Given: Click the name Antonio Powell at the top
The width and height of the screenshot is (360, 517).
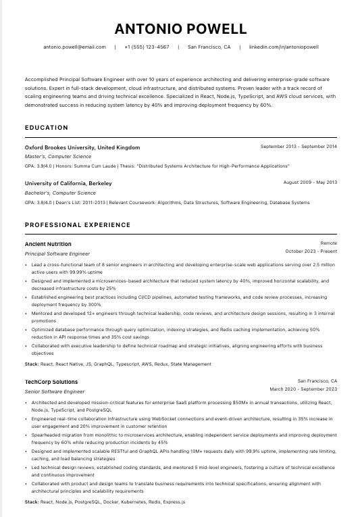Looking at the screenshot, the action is coord(180,28).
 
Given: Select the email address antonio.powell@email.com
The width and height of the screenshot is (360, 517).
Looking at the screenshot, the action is coord(74,47).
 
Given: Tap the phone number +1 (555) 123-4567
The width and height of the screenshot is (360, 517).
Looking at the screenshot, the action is coord(147,47).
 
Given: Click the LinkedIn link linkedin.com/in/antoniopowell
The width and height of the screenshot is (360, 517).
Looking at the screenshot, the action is coord(284,47).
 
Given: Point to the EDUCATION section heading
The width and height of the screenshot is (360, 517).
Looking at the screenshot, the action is coord(47,128).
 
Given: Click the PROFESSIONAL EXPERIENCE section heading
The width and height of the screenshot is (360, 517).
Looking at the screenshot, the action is coord(78,225).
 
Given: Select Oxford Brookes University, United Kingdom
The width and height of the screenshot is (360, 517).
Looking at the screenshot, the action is coord(82,147).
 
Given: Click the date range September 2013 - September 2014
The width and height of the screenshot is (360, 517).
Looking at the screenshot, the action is coord(299,147).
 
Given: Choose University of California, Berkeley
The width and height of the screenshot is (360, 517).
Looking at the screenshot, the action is coord(68,183).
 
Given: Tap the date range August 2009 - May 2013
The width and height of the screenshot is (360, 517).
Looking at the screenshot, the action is coord(310,182).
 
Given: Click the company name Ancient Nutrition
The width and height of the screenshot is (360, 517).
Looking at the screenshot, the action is coord(48,244).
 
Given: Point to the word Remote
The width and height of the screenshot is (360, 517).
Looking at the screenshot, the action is coord(328,243).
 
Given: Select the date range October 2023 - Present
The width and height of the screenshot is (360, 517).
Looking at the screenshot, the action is coord(311,251).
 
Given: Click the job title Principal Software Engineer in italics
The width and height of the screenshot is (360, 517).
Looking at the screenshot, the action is coord(57,253).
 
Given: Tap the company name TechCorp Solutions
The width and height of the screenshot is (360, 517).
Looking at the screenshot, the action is coord(51,382).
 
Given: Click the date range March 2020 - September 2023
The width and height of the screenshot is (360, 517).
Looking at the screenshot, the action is coord(303,389).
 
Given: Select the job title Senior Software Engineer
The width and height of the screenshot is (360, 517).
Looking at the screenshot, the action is coord(55,391).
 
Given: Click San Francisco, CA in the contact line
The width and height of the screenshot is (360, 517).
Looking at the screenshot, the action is coord(209,47).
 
